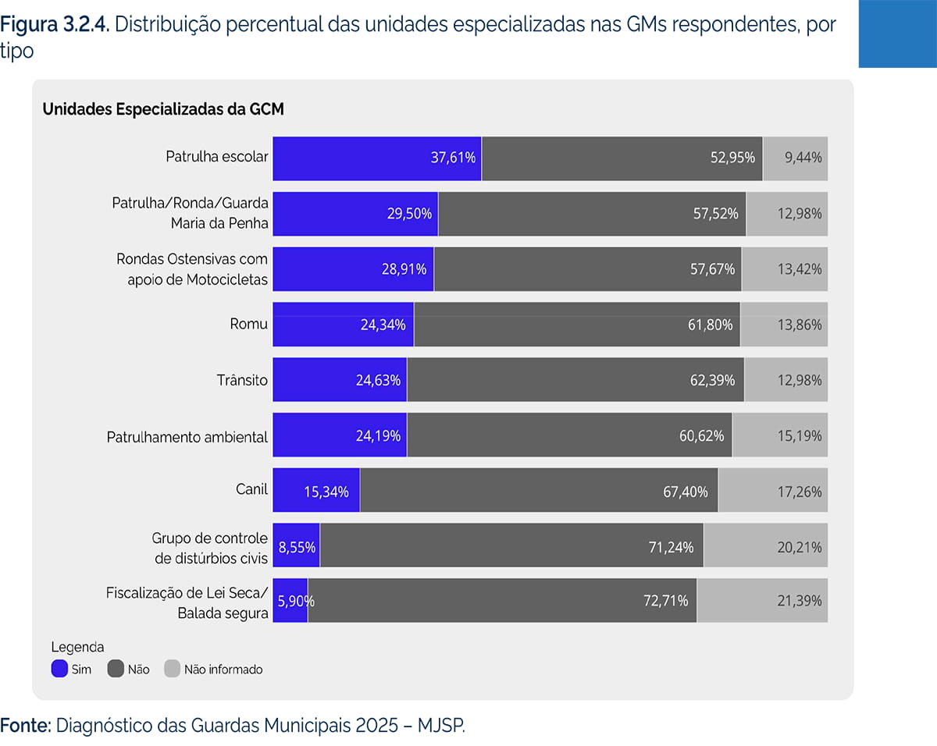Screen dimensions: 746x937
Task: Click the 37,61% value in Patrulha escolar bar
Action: [453, 158]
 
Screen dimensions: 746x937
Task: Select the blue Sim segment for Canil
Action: [315, 492]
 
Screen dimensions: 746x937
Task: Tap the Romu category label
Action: [249, 324]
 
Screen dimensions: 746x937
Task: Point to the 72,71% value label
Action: [665, 601]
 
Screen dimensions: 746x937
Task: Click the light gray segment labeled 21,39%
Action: [761, 601]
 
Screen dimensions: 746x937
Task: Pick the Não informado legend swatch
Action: [173, 669]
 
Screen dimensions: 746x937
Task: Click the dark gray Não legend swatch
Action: [116, 669]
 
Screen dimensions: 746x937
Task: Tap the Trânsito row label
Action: [242, 380]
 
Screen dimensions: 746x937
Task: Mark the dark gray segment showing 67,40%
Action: [539, 492]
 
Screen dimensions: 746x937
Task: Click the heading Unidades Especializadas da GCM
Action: [163, 109]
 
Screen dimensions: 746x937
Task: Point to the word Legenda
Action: [77, 647]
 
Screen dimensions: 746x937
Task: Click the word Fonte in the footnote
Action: [25, 725]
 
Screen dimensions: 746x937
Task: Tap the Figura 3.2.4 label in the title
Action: [55, 25]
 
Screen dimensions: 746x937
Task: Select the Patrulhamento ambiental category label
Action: [187, 436]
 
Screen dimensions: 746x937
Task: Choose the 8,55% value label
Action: [297, 547]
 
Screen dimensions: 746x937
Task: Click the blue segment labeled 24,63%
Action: [340, 380]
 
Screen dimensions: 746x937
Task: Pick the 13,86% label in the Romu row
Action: [800, 325]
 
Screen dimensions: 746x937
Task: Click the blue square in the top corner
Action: [897, 34]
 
